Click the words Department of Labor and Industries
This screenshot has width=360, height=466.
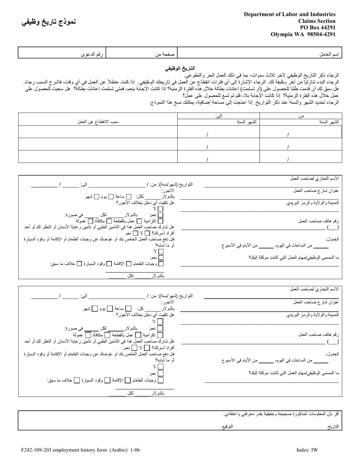click(x=290, y=14)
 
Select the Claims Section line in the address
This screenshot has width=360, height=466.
click(x=317, y=21)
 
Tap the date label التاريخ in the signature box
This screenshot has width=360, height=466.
click(x=332, y=427)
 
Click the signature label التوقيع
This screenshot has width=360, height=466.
click(x=227, y=427)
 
